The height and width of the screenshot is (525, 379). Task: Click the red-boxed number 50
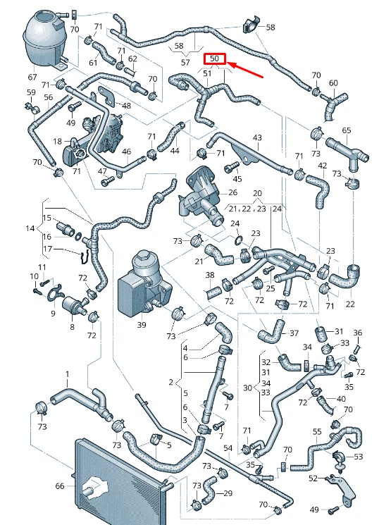[214, 58]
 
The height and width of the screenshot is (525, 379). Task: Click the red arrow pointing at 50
[246, 70]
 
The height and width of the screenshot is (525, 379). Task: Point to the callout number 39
[142, 324]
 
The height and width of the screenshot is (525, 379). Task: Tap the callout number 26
[232, 192]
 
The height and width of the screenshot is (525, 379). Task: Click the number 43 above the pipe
[257, 137]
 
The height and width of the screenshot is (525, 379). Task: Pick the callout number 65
[347, 130]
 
